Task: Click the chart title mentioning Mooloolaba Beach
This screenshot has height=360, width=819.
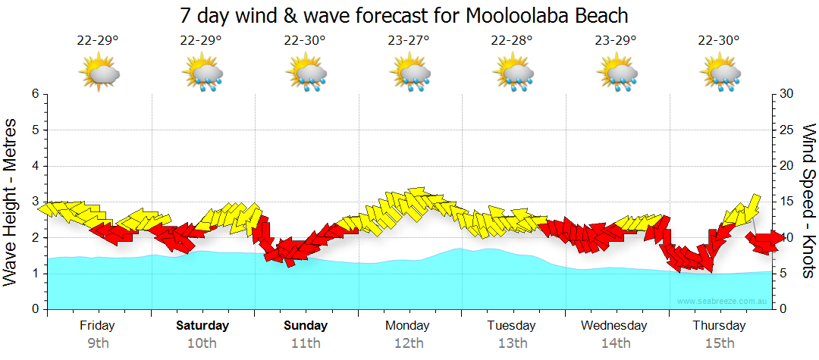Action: tap(404, 15)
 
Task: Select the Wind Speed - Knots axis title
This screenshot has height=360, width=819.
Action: tap(808, 202)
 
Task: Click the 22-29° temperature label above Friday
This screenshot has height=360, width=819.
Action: tap(98, 41)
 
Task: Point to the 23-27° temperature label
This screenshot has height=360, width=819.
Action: tap(409, 41)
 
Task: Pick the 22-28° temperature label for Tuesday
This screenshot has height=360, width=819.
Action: tap(512, 41)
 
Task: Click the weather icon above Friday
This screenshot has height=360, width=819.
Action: tap(99, 74)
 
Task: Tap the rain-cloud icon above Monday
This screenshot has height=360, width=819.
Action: tap(410, 74)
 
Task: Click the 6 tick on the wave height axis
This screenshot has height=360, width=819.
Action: tap(35, 94)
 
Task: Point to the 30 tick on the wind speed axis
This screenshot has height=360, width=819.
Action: tap(787, 94)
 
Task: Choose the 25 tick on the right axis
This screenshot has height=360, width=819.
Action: tap(787, 130)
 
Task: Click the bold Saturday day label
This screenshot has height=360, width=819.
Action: tap(202, 326)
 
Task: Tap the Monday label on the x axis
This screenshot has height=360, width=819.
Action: tap(408, 326)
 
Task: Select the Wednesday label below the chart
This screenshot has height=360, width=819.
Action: tap(614, 326)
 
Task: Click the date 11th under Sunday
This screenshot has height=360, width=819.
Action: tap(306, 343)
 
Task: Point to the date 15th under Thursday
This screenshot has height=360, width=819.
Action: tap(720, 343)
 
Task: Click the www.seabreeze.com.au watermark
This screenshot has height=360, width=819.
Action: tap(723, 302)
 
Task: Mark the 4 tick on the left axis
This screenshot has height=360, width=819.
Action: tap(35, 166)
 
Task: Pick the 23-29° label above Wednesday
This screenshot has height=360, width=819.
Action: tap(616, 41)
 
